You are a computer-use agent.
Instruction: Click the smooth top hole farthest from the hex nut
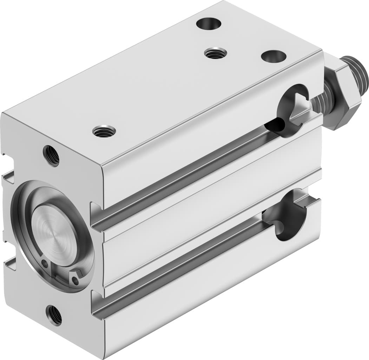(209, 24)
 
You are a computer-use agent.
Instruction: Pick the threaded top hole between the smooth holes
(215, 53)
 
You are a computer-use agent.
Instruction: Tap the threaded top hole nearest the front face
(104, 131)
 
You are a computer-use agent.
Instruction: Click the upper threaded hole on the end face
(51, 155)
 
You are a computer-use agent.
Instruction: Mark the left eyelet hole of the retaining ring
(45, 263)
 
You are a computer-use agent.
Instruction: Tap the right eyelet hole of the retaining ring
(75, 280)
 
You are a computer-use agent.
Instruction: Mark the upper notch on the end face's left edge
(8, 178)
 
